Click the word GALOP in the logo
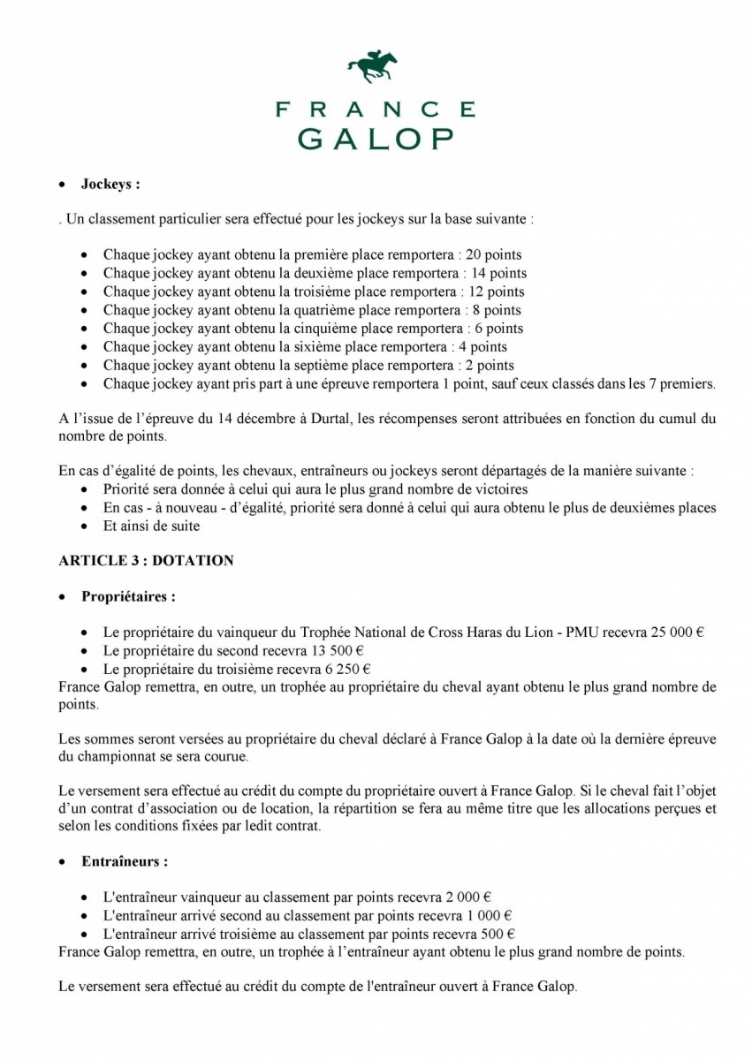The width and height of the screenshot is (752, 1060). tap(376, 138)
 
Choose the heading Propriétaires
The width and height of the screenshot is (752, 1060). tap(127, 596)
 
